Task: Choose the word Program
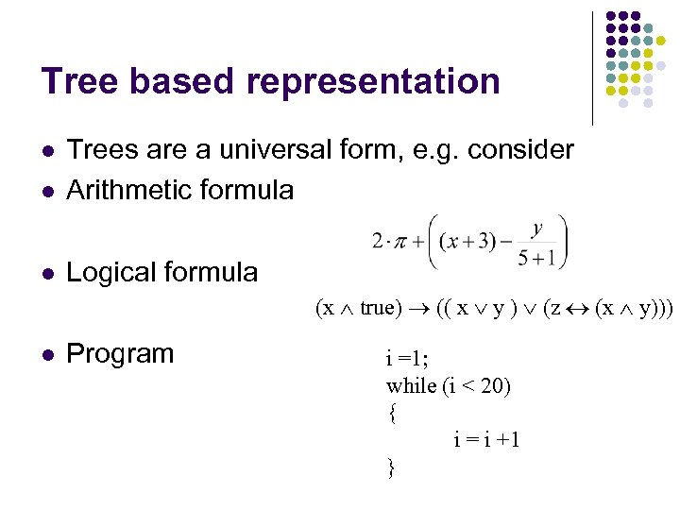(121, 354)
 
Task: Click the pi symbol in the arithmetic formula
(400, 243)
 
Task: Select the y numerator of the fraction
(536, 228)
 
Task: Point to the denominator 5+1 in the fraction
(536, 258)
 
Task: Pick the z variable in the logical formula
(552, 309)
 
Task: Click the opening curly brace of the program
(391, 412)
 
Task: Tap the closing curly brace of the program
(391, 467)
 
